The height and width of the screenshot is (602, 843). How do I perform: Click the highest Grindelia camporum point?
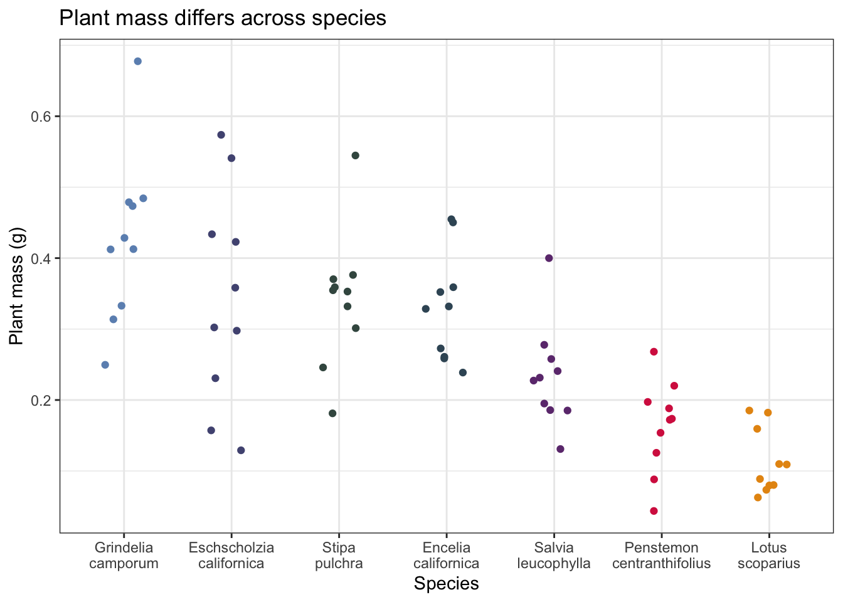(x=138, y=61)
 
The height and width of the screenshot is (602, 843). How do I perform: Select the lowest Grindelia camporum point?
(x=105, y=365)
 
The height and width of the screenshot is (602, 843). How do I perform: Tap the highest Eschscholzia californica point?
(x=221, y=135)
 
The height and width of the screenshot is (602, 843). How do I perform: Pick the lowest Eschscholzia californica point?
(x=241, y=450)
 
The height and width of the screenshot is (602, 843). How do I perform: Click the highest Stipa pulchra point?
(x=356, y=156)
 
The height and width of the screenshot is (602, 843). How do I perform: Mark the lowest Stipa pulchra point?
(x=333, y=413)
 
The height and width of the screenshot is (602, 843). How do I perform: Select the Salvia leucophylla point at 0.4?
(x=549, y=258)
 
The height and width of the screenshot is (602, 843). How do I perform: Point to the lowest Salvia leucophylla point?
(x=561, y=449)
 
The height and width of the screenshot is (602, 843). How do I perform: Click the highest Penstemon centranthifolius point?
(x=654, y=352)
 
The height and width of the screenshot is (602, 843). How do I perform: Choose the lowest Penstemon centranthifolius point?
(x=654, y=511)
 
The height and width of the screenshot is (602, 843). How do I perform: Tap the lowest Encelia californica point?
(x=463, y=372)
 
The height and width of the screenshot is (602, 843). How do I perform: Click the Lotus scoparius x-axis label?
(x=769, y=556)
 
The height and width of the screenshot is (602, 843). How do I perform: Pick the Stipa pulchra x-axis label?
(x=339, y=556)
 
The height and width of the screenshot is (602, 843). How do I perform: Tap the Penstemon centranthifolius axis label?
(x=662, y=556)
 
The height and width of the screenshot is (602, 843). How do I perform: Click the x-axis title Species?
(x=446, y=584)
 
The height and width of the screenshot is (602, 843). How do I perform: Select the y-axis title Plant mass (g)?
(x=17, y=287)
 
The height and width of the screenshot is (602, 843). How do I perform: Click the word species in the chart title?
(x=350, y=18)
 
